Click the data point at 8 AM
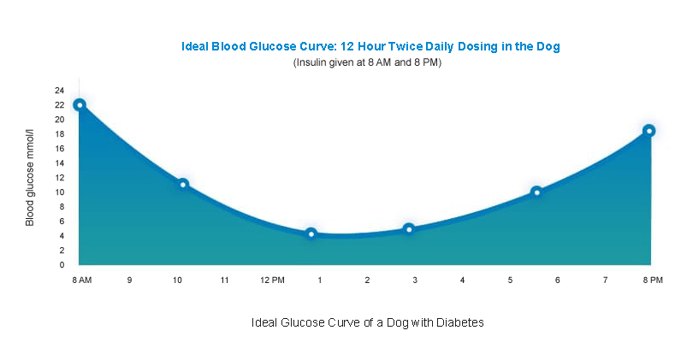pyautogui.click(x=80, y=105)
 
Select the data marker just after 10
pyautogui.click(x=182, y=184)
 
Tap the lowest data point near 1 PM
pyautogui.click(x=311, y=233)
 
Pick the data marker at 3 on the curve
pyautogui.click(x=409, y=229)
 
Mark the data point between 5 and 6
pyautogui.click(x=536, y=192)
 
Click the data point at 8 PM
pyautogui.click(x=649, y=131)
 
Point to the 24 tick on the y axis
pyautogui.click(x=60, y=91)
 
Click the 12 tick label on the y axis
pyautogui.click(x=60, y=178)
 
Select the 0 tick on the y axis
pyautogui.click(x=62, y=265)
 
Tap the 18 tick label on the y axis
pyautogui.click(x=60, y=134)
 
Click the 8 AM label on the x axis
pyautogui.click(x=82, y=280)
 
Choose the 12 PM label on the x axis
pyautogui.click(x=272, y=280)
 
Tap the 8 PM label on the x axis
pyautogui.click(x=653, y=280)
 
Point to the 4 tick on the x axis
pyautogui.click(x=462, y=280)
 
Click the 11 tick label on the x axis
pyautogui.click(x=224, y=280)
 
